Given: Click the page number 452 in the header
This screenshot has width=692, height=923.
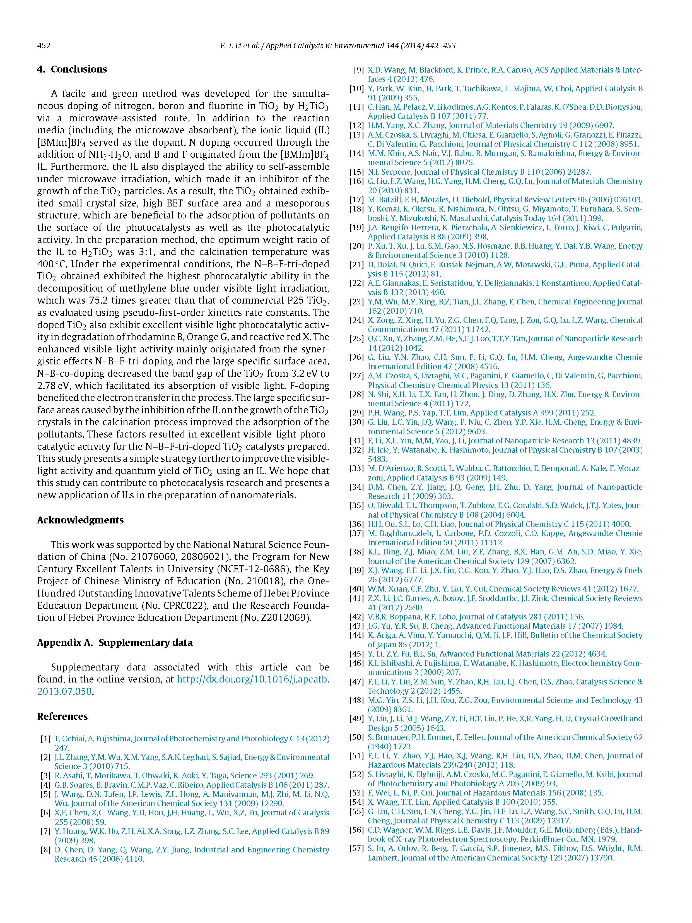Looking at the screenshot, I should tap(44, 45).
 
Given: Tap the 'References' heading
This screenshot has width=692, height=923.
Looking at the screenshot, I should tap(62, 717).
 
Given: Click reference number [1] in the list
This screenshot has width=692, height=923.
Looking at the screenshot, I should tap(45, 739).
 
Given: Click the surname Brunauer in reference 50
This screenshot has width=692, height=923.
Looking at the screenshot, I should tap(392, 737).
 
